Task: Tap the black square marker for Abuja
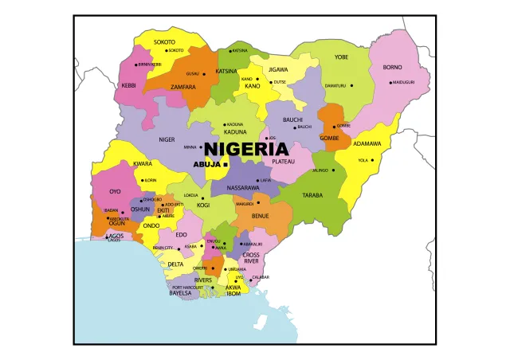226,164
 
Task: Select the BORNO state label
392,68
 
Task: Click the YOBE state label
341,57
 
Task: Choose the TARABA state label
312,195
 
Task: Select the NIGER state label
167,139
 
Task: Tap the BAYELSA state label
180,293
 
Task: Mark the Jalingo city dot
333,170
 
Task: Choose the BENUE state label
260,216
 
